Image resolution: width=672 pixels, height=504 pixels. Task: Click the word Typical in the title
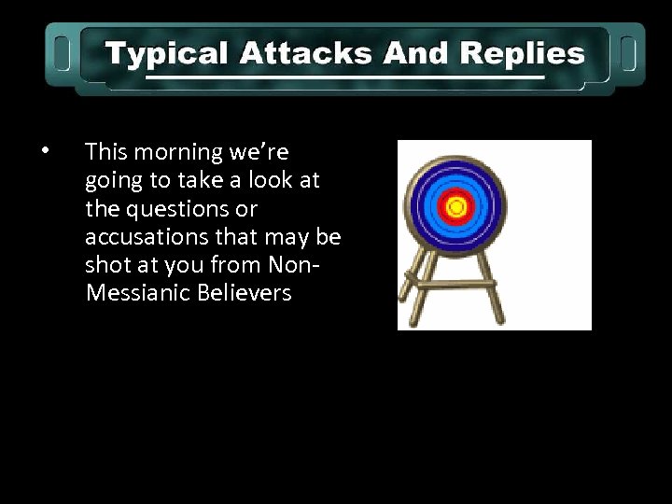(166, 54)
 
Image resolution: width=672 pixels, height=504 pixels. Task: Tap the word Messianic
(140, 293)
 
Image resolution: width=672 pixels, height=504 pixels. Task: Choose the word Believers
(246, 293)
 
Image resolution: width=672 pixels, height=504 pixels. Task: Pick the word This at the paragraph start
(105, 152)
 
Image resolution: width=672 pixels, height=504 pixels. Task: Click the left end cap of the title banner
(61, 53)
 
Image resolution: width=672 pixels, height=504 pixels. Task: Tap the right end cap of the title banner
(628, 53)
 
